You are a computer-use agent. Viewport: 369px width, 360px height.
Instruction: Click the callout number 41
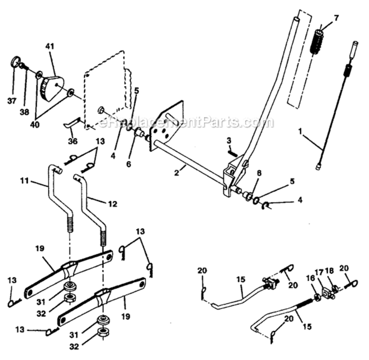[x=50, y=47]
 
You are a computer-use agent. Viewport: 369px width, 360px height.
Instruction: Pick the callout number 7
[x=336, y=18]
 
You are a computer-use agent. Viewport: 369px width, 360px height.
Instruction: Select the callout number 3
[x=229, y=140]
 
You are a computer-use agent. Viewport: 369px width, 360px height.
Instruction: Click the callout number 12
[x=112, y=204]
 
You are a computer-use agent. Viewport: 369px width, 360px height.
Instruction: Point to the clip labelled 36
[x=71, y=125]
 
